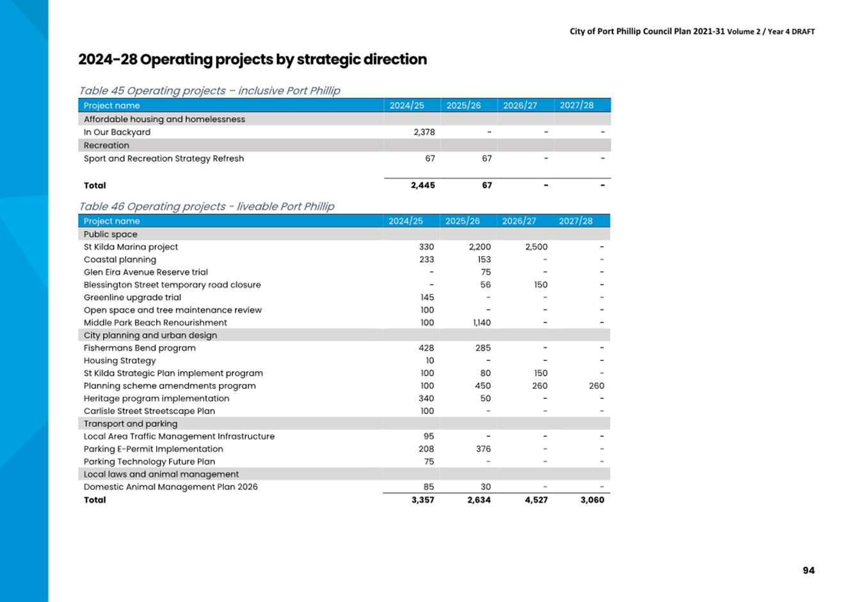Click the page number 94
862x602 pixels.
click(808, 571)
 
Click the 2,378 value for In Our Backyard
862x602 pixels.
click(424, 132)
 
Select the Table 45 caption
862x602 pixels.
click(210, 91)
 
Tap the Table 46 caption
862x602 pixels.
click(207, 207)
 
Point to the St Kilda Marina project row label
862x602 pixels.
click(131, 247)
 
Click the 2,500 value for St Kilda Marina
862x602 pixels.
click(536, 247)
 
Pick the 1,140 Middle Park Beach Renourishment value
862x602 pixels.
click(482, 322)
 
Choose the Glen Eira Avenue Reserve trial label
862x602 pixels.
click(146, 273)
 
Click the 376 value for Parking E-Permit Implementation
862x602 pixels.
click(483, 449)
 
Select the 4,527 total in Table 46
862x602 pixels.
click(536, 500)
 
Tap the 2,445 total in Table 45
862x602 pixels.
click(423, 186)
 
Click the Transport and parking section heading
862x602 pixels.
click(131, 424)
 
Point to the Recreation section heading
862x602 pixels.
click(107, 145)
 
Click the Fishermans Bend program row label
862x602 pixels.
click(140, 348)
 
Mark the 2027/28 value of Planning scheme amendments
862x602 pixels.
click(596, 386)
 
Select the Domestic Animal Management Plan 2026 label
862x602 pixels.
click(171, 487)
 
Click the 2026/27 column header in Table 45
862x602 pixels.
click(520, 106)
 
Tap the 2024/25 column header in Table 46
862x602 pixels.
click(406, 221)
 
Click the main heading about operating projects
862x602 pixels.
click(252, 59)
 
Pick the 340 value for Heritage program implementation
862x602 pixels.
click(426, 399)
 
